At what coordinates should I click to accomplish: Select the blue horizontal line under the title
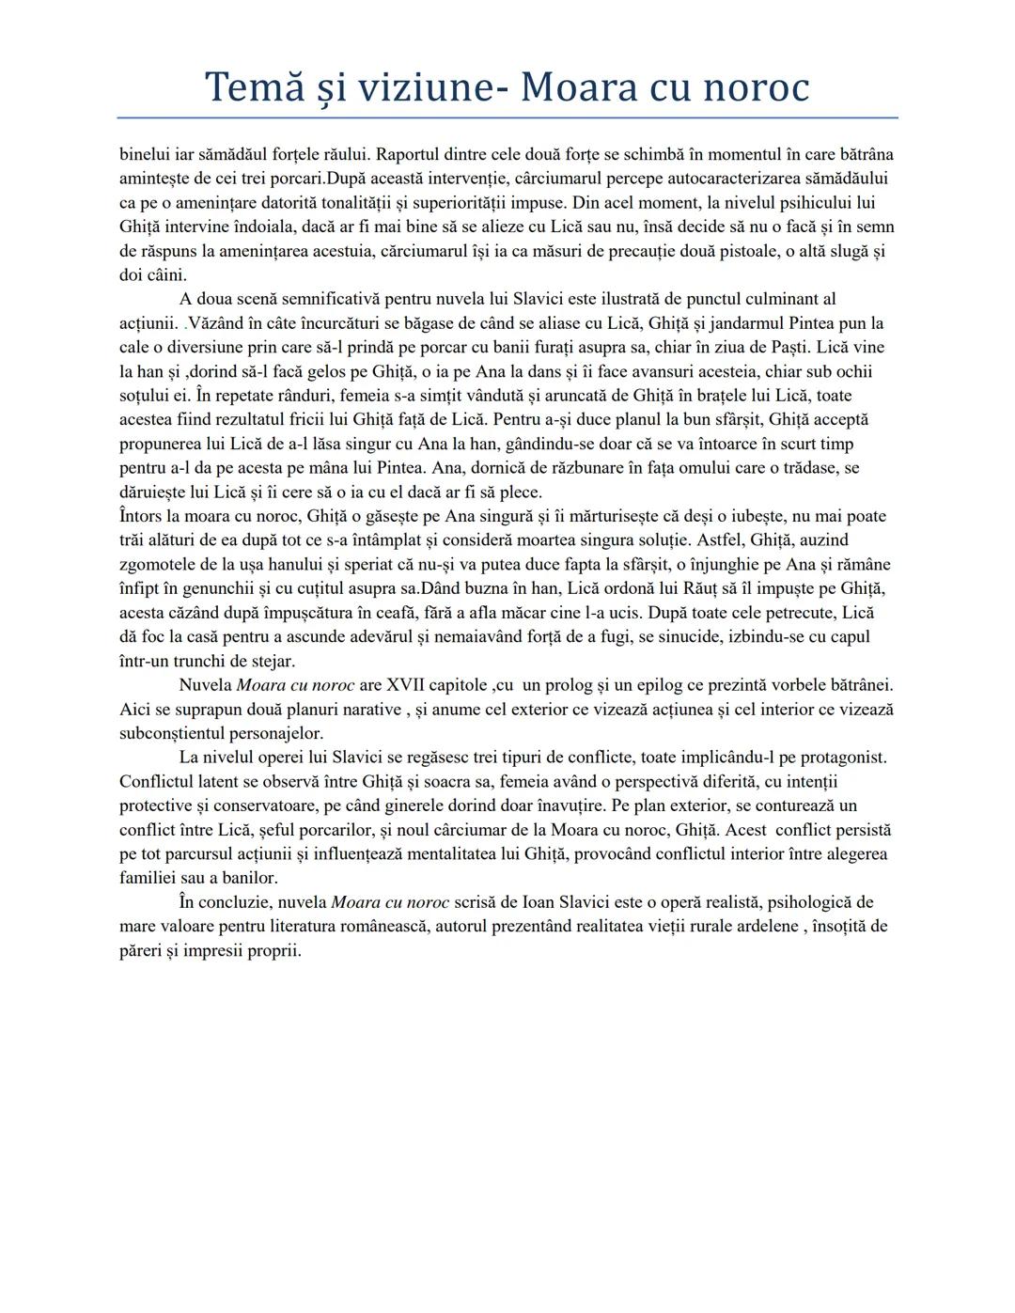507,117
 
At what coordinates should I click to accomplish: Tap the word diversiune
204,347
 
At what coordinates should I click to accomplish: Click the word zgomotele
158,564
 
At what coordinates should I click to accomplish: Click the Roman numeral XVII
410,684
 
